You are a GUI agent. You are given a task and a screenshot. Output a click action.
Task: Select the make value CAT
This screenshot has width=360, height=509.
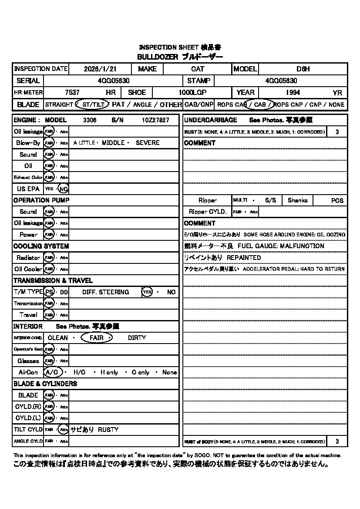[x=198, y=69]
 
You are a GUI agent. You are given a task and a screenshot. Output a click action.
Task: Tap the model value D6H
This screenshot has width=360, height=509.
[x=303, y=69]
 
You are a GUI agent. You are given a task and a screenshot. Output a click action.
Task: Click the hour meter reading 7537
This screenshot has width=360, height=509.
[x=72, y=92]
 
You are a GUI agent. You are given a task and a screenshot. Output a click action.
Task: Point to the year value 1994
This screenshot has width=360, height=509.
[x=293, y=92]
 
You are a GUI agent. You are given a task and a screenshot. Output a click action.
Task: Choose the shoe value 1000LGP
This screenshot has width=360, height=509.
[x=192, y=92]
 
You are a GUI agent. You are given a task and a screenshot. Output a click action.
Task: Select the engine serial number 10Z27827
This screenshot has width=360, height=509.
[x=155, y=120]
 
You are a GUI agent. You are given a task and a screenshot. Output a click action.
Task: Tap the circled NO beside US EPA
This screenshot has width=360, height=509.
[x=64, y=189]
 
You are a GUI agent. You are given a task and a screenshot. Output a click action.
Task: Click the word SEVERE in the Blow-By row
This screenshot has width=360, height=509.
[x=148, y=143]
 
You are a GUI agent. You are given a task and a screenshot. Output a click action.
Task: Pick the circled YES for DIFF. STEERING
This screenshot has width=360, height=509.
[x=147, y=292]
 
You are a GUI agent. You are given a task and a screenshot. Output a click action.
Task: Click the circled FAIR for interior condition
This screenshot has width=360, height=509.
[x=97, y=338]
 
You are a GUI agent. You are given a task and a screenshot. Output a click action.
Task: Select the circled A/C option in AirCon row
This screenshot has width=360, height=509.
[x=53, y=372]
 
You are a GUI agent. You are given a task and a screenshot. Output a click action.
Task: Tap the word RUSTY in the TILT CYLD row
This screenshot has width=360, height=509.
[x=108, y=429]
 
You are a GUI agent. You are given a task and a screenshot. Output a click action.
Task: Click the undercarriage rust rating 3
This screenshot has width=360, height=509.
[x=337, y=131]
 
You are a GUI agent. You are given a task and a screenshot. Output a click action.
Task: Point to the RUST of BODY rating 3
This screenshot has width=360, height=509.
[x=337, y=442]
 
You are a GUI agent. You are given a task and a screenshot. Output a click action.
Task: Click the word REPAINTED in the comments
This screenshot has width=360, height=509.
[x=244, y=257]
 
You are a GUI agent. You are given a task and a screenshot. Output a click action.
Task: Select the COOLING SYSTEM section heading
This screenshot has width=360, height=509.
[x=41, y=246]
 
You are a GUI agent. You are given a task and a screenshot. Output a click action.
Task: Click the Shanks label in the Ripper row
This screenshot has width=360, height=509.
[x=297, y=200]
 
